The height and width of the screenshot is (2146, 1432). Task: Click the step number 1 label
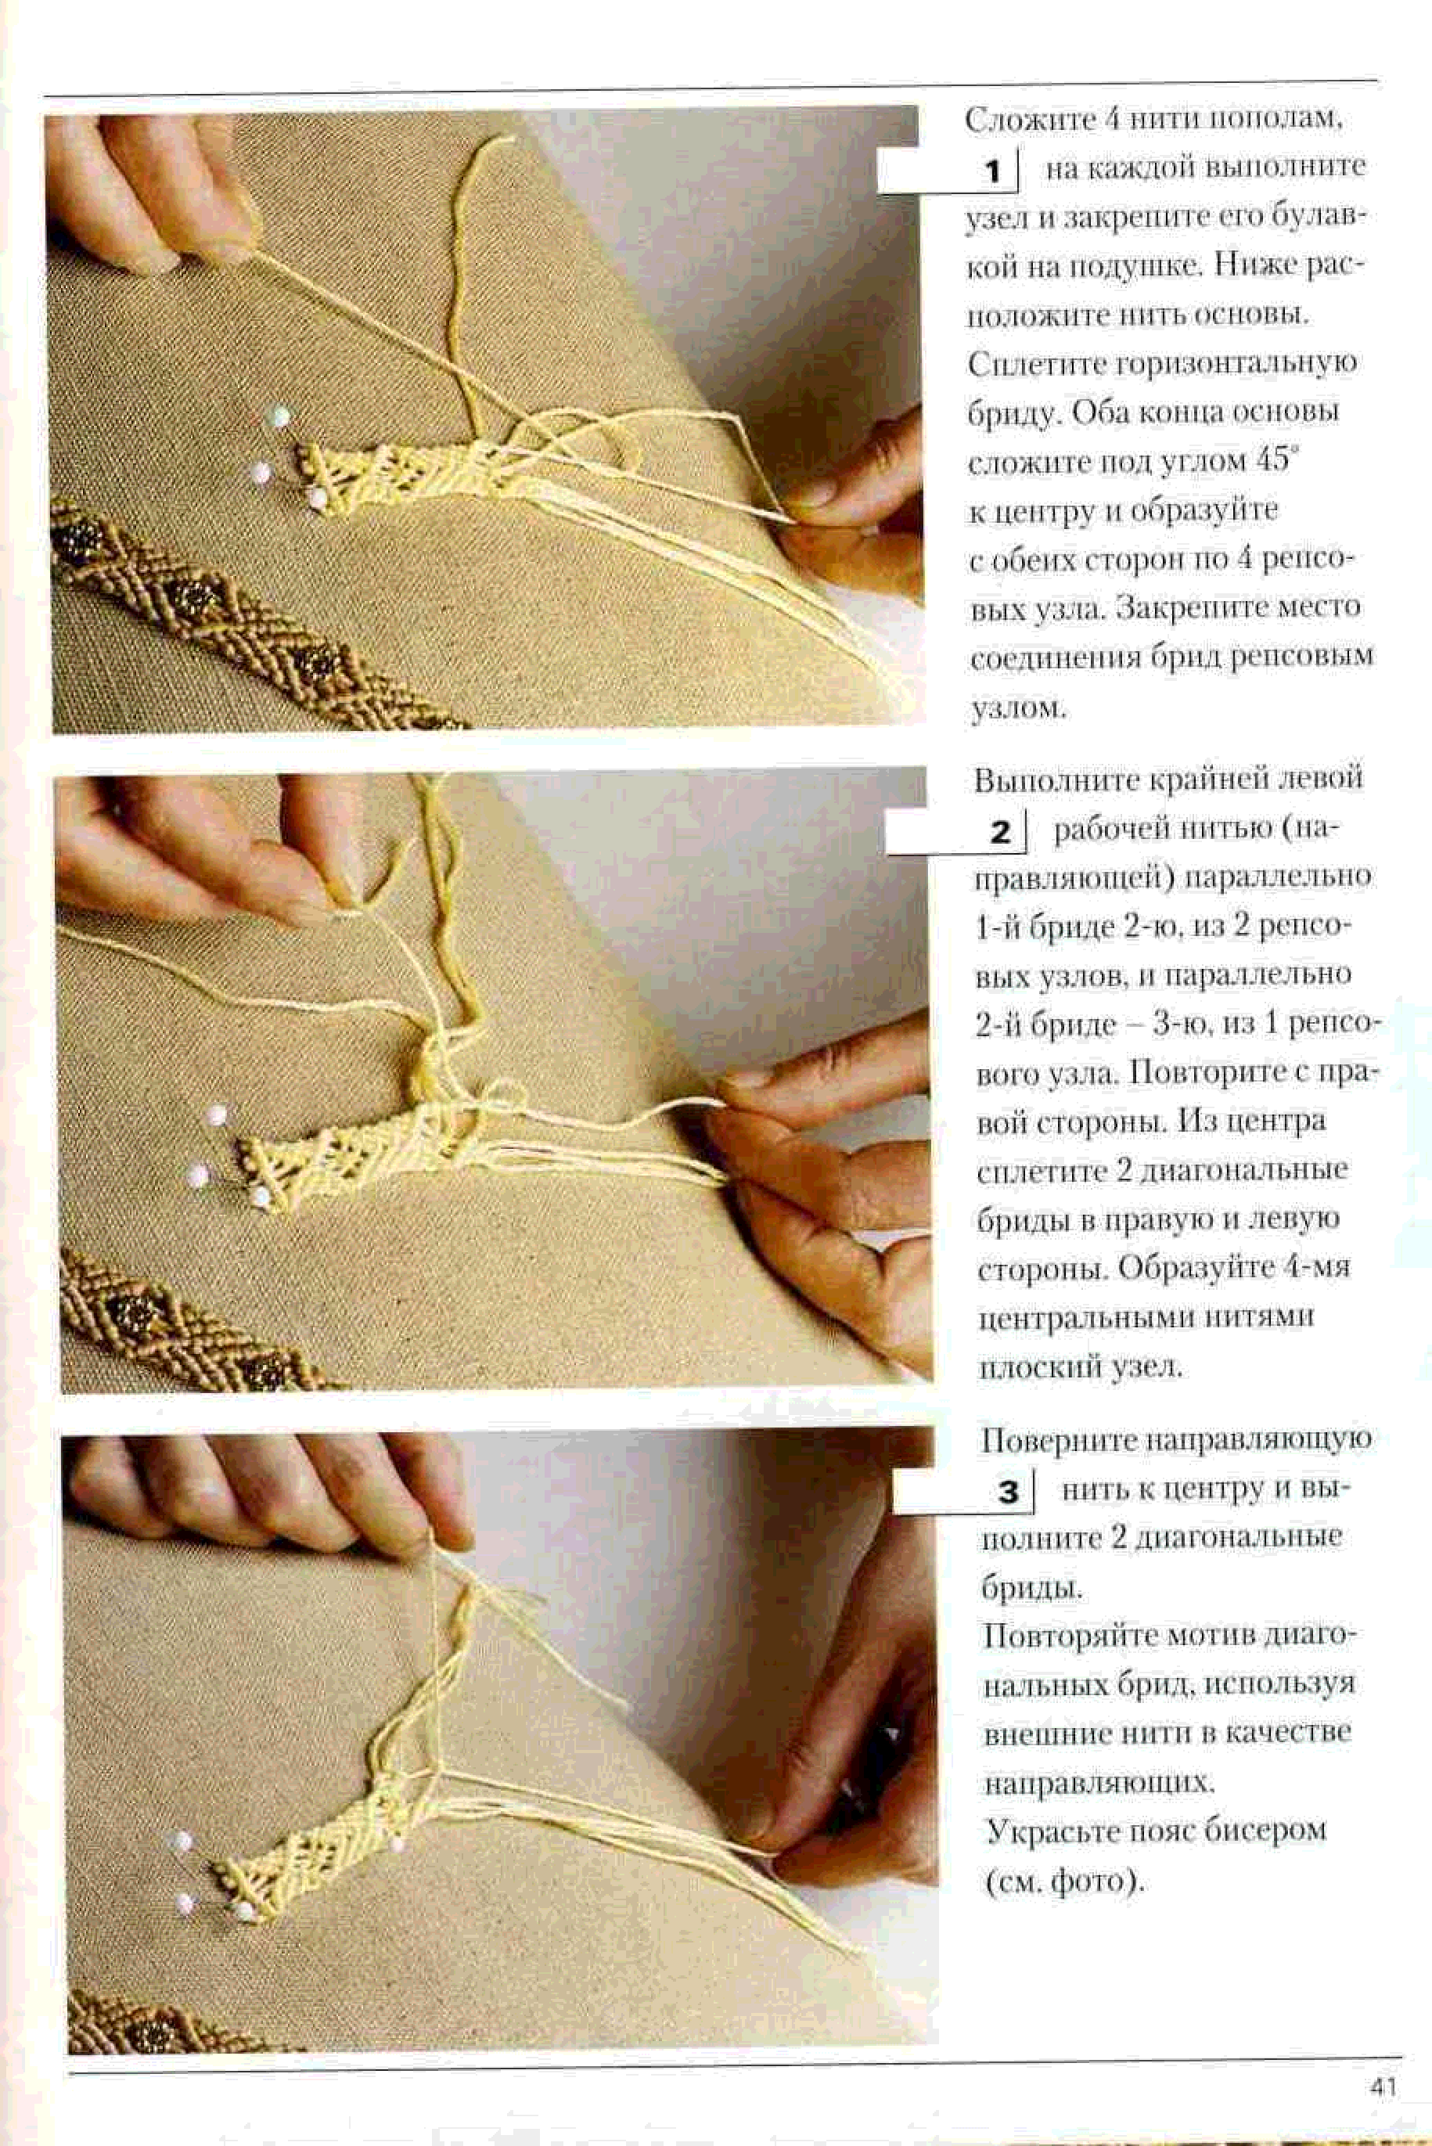pos(993,171)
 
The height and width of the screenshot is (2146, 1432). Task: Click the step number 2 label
pos(1001,832)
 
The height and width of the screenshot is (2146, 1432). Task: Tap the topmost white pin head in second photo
pos(217,1115)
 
